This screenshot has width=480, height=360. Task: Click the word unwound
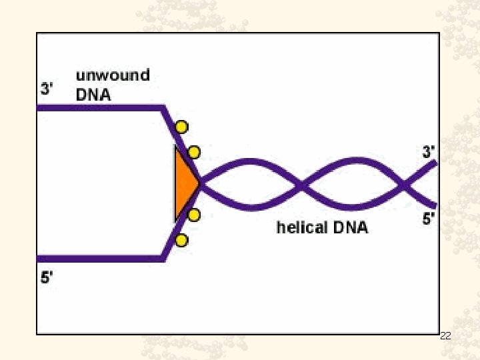coord(112,75)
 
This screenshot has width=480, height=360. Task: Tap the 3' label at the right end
coord(429,152)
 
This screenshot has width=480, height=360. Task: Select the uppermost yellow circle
coord(181,127)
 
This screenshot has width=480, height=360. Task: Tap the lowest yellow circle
coord(181,240)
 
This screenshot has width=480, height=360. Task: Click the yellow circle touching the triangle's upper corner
coord(194,152)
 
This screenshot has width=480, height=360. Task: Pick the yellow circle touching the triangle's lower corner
coord(194,215)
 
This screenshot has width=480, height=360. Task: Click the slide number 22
coord(446,337)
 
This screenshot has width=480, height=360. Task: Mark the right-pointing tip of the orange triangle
coord(199,184)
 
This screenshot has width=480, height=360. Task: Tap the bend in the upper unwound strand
coord(163,107)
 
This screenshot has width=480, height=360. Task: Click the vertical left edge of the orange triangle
coord(175,184)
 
